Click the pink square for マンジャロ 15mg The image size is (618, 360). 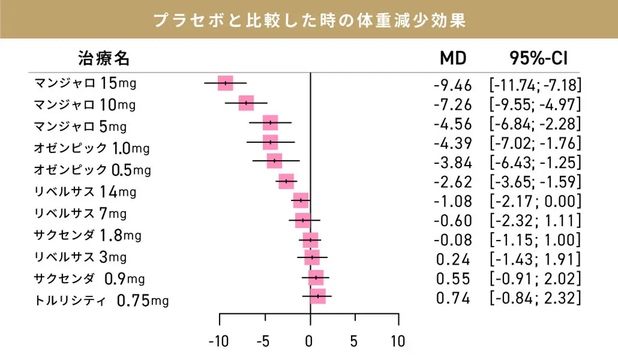[226, 83]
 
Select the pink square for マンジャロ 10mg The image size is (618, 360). [246, 103]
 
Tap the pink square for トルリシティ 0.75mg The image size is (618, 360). [318, 296]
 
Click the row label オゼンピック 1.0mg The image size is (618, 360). [92, 147]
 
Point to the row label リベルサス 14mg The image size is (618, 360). [85, 192]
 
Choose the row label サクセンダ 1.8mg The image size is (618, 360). [88, 235]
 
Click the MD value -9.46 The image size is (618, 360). [452, 85]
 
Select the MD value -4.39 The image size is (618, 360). [452, 143]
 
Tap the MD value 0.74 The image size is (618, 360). [453, 298]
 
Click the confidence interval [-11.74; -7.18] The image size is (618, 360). [535, 85]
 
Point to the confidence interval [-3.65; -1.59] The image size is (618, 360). [535, 182]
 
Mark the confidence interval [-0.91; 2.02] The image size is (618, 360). [535, 278]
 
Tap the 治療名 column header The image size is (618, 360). [103, 58]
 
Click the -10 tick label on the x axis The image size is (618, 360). [218, 342]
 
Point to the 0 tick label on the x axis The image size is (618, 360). [310, 342]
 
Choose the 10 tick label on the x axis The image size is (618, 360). [397, 342]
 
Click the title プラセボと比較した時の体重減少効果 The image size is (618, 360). [309, 20]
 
